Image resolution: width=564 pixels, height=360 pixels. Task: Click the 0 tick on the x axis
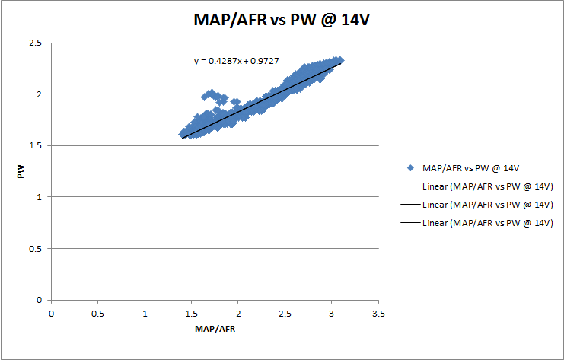coord(51,313)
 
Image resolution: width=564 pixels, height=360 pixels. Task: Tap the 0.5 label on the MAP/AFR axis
coord(97,313)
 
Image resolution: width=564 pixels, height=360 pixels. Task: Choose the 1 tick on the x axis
coord(145,313)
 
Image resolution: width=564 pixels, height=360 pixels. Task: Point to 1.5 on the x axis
coord(191,313)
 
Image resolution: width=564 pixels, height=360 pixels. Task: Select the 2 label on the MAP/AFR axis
coord(238,313)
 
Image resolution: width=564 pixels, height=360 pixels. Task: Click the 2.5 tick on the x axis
coord(285,313)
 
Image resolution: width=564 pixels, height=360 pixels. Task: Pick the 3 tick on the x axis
coord(332,313)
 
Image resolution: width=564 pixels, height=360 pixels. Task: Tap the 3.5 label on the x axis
coord(378,313)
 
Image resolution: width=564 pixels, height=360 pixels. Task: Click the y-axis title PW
coord(21,172)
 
